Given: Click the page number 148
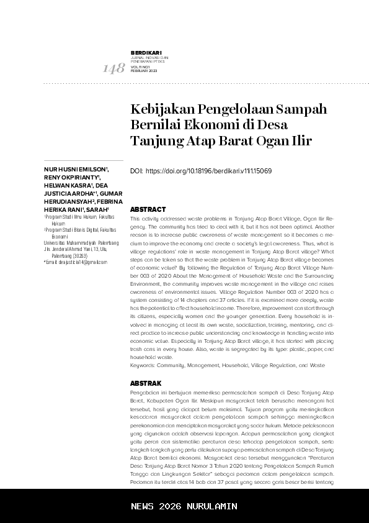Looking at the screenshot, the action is pyautogui.click(x=113, y=68).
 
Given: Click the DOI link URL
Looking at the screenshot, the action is pyautogui.click(x=208, y=171).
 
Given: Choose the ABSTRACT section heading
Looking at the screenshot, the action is pyautogui.click(x=148, y=210).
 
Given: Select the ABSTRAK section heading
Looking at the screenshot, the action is pyautogui.click(x=146, y=383).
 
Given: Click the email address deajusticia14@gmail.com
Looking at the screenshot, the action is pyautogui.click(x=78, y=262).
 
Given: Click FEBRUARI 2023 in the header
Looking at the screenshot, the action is pyautogui.click(x=144, y=71).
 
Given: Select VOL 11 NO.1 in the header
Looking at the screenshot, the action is pyautogui.click(x=141, y=68).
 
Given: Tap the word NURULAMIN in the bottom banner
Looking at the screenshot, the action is pyautogui.click(x=212, y=506).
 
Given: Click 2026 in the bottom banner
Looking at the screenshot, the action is pyautogui.click(x=170, y=506).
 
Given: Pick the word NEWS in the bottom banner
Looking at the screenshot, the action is pyautogui.click(x=143, y=506).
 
